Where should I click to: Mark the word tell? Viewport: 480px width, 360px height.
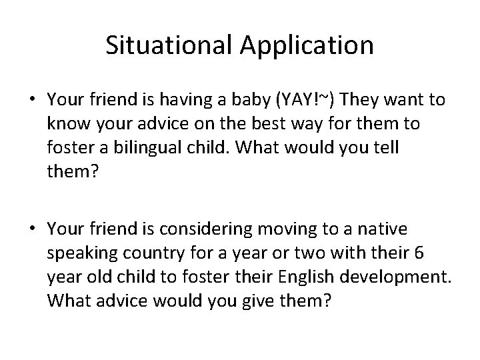(x=383, y=148)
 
